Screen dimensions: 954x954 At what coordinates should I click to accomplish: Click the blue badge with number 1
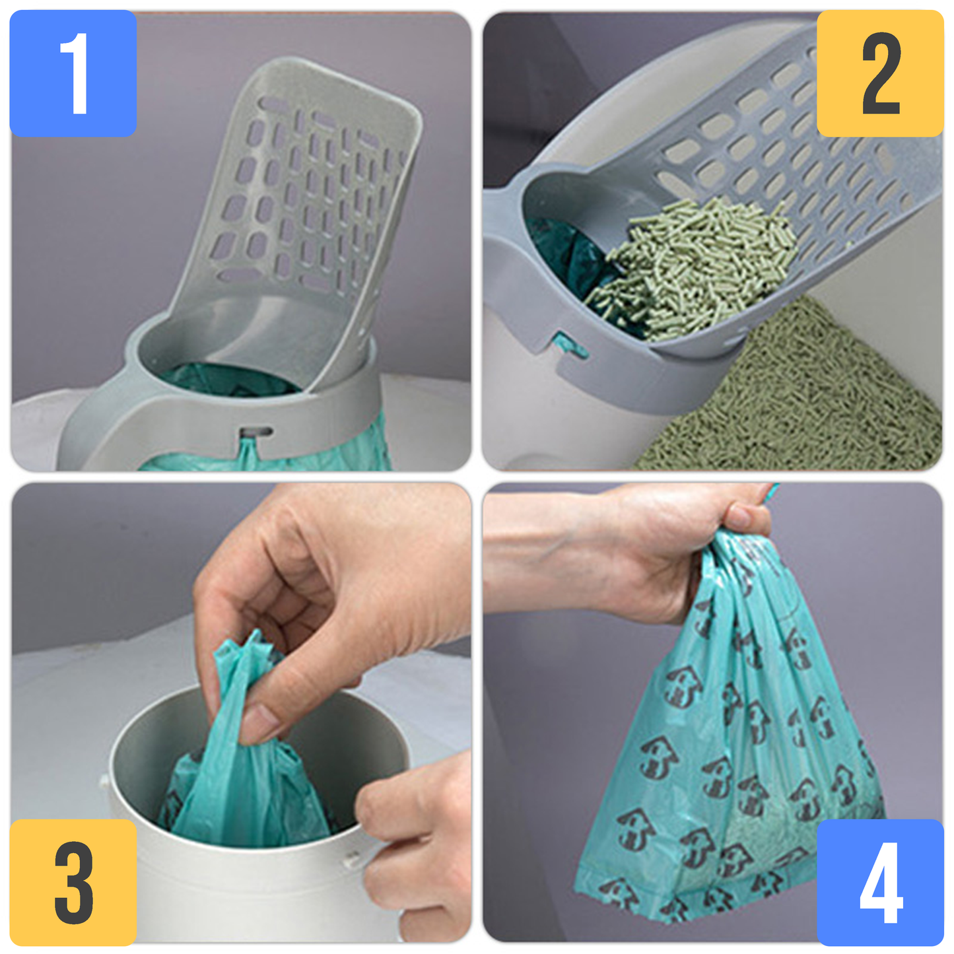click(x=73, y=73)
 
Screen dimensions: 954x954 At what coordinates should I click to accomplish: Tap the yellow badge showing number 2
click(x=880, y=73)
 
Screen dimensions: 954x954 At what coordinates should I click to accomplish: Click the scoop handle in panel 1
click(x=114, y=426)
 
